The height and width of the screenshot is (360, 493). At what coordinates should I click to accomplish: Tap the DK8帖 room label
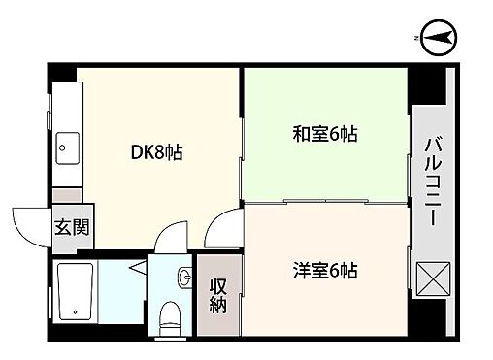157,152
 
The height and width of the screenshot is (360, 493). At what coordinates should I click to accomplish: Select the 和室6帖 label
325,134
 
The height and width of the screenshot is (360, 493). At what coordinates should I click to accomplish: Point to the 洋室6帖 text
325,271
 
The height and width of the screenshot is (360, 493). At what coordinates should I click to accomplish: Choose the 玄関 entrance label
66,230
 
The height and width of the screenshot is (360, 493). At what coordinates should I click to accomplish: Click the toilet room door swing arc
171,236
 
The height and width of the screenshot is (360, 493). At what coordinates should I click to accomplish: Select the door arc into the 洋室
222,229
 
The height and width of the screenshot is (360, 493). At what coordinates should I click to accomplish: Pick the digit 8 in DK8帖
160,152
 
